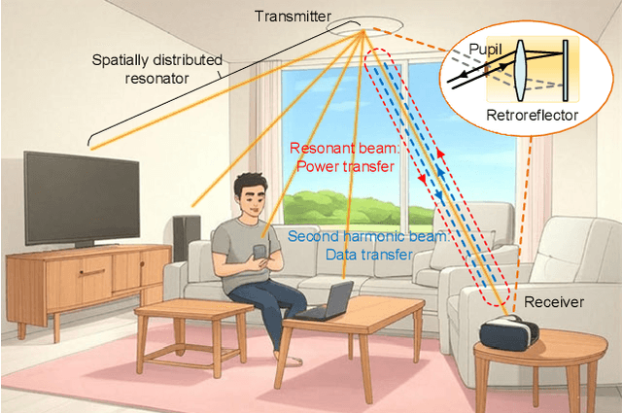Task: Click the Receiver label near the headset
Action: point(554,302)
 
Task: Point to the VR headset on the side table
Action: point(510,331)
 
